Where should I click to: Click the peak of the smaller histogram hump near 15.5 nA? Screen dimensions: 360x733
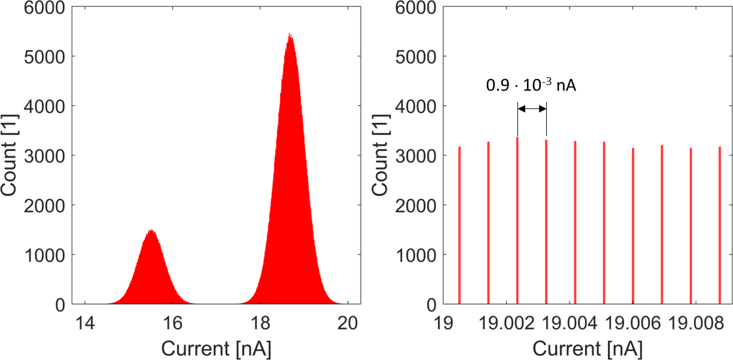(152, 231)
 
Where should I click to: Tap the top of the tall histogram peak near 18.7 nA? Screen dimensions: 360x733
(290, 35)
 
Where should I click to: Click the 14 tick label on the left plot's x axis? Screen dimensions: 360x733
(85, 322)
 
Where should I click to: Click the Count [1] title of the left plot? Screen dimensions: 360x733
(12, 156)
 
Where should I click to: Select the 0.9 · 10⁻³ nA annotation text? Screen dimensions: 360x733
(531, 85)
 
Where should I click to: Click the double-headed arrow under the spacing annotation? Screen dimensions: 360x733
(532, 108)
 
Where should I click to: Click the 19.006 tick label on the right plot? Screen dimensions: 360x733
(632, 322)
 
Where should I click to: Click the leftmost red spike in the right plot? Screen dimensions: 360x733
(459, 225)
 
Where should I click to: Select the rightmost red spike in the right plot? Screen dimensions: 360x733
(719, 225)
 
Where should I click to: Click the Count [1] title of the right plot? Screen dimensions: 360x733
(383, 156)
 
